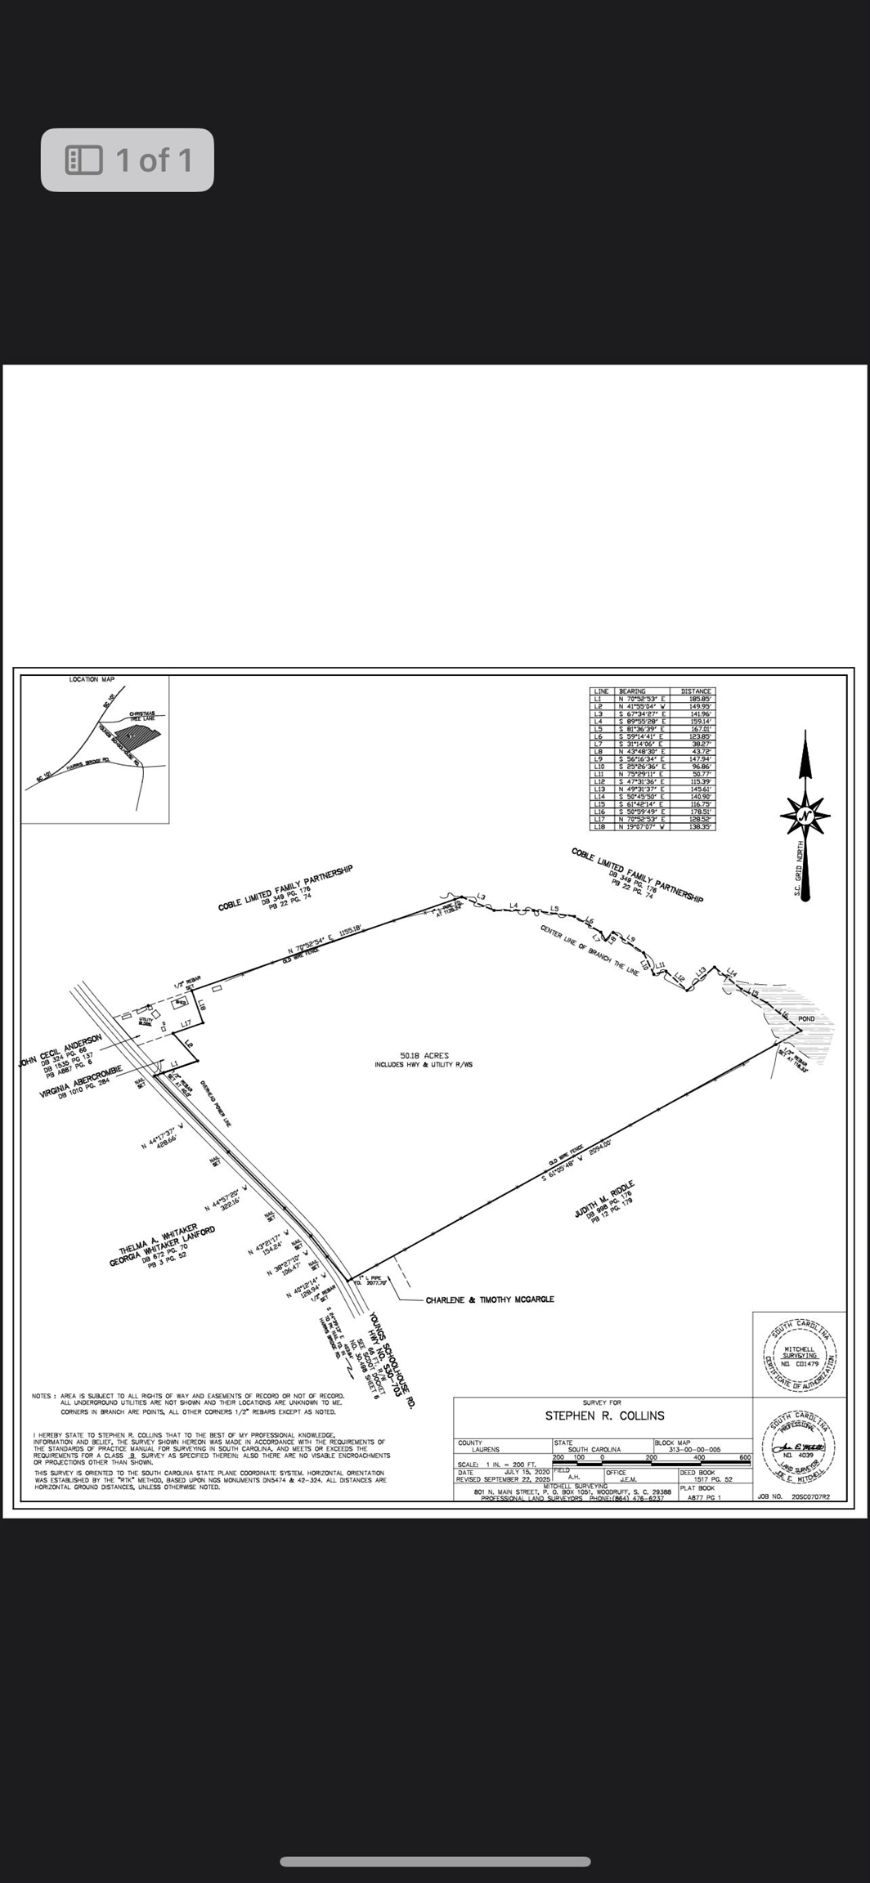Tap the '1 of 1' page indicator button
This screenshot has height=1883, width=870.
128,160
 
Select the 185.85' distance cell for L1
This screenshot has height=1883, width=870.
700,700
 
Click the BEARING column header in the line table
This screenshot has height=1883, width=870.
633,691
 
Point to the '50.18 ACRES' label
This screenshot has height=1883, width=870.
424,1055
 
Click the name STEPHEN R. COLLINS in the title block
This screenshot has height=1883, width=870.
604,1416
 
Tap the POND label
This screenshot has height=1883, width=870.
806,1019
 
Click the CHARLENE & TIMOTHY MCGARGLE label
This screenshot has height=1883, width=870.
490,1299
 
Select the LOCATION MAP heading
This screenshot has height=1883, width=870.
92,679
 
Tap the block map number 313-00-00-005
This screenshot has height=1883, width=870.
694,1449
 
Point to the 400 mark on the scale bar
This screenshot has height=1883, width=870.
698,1457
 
